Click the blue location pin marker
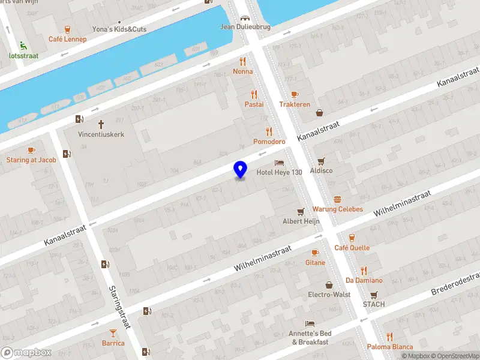pyautogui.click(x=241, y=169)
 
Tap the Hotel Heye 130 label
pyautogui.click(x=279, y=173)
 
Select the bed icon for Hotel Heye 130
pyautogui.click(x=279, y=163)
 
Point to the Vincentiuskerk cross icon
pyautogui.click(x=101, y=124)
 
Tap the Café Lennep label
pyautogui.click(x=67, y=40)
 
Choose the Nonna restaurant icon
pyautogui.click(x=243, y=61)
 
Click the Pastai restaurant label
pyautogui.click(x=254, y=104)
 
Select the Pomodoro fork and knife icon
pyautogui.click(x=269, y=131)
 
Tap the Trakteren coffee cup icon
pyautogui.click(x=294, y=94)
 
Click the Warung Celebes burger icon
pyautogui.click(x=338, y=199)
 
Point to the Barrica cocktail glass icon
pyautogui.click(x=113, y=333)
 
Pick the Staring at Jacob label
pyautogui.click(x=31, y=160)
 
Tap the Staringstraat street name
pyautogui.click(x=120, y=306)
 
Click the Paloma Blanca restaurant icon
pyautogui.click(x=390, y=337)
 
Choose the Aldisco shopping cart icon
pyautogui.click(x=322, y=161)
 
